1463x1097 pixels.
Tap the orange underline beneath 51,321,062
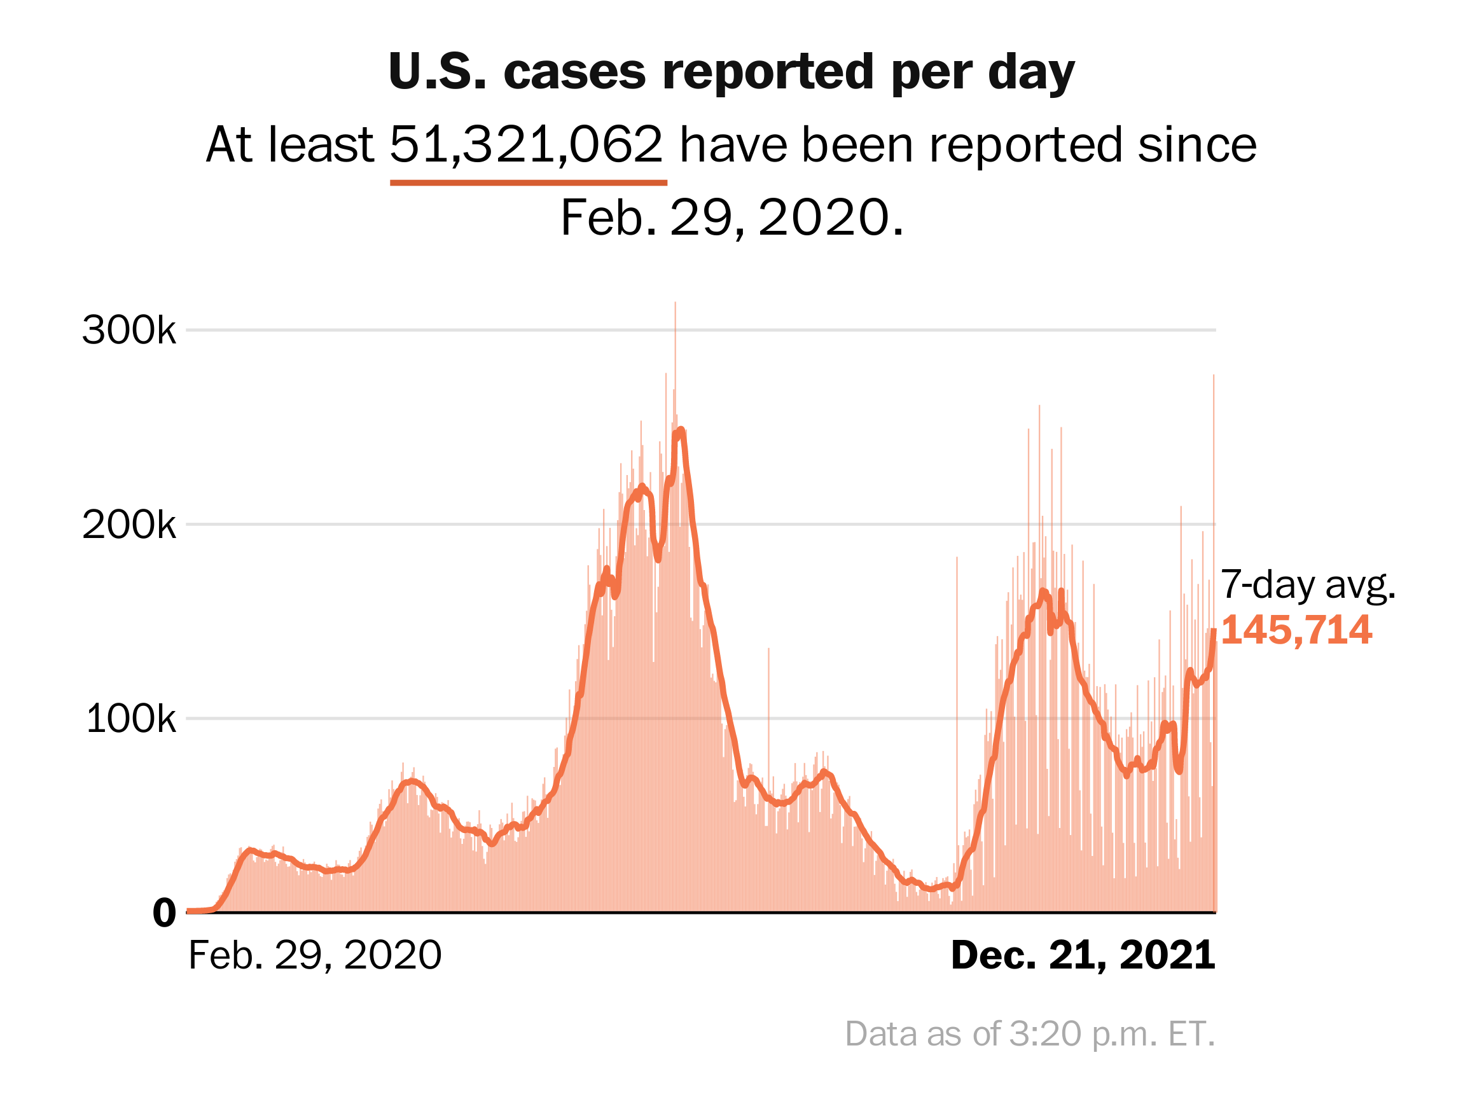point(528,183)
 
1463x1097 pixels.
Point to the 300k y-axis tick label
point(129,330)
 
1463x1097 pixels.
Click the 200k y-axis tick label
point(129,526)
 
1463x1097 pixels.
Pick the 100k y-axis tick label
point(131,719)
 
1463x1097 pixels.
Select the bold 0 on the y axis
point(164,913)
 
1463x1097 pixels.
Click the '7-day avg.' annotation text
point(1308,584)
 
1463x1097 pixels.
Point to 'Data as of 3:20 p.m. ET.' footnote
point(1030,1033)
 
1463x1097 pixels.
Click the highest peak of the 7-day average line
point(681,430)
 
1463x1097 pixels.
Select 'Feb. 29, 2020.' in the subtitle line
point(731,217)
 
